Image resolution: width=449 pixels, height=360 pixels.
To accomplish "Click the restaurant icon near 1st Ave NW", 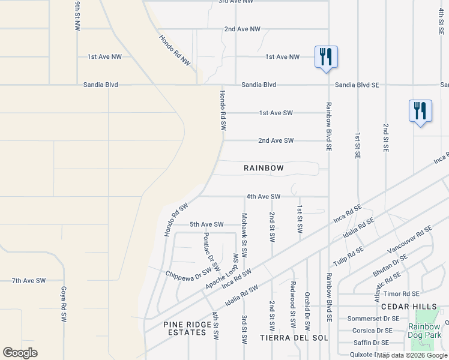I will pos(326,57).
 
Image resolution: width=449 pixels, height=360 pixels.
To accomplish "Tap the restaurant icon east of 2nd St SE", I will pos(420,111).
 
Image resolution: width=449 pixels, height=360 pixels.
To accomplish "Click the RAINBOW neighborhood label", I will pos(264,168).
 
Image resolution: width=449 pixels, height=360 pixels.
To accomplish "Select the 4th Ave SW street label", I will pos(264,196).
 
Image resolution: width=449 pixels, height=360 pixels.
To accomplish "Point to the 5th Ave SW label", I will pos(206,224).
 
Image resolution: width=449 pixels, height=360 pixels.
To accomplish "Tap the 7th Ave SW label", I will pos(29,280).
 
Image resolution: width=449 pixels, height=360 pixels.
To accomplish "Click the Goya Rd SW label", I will pos(63,304).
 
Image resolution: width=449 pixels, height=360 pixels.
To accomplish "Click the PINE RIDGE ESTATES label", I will pos(188,329).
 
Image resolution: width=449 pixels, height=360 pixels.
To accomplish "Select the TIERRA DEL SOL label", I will pos(294,338).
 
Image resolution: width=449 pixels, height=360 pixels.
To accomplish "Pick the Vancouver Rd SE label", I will pos(410,239).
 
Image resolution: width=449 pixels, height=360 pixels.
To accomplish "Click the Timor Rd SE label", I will pos(402,294).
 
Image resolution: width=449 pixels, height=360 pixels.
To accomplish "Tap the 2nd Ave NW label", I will pos(243,29).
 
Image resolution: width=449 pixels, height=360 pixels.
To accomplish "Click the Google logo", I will pos(20,353).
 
